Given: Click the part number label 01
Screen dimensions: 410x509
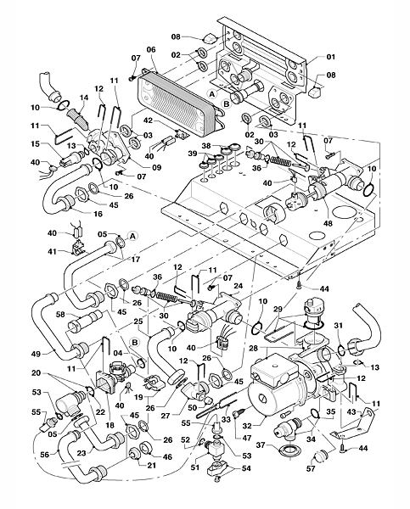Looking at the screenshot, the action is click(x=330, y=57).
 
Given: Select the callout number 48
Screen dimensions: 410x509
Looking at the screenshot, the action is click(x=328, y=223).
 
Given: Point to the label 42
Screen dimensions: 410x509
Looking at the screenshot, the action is click(x=148, y=120).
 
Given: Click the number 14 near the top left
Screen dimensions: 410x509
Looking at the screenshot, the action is click(x=84, y=98).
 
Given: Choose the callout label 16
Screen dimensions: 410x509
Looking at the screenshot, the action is click(x=98, y=214).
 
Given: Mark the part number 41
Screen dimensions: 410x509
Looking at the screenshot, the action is click(x=52, y=251).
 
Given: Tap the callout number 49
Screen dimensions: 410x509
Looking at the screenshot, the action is click(x=36, y=354).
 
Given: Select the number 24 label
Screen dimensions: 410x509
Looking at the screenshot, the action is click(x=239, y=287).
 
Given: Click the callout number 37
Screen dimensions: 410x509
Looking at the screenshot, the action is click(x=261, y=445).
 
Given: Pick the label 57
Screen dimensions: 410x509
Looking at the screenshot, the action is click(x=311, y=468).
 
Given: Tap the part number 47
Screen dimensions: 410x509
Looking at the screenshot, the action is click(x=247, y=438).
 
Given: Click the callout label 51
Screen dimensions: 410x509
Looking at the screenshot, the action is click(x=194, y=467).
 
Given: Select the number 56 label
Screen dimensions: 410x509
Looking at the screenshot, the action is click(x=45, y=455).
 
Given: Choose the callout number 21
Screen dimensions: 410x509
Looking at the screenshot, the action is click(x=151, y=465).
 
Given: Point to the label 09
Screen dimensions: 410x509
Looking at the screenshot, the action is click(x=157, y=167).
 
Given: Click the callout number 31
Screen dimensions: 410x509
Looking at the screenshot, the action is click(x=339, y=325).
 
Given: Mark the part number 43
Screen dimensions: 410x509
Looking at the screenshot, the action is click(x=351, y=411).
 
